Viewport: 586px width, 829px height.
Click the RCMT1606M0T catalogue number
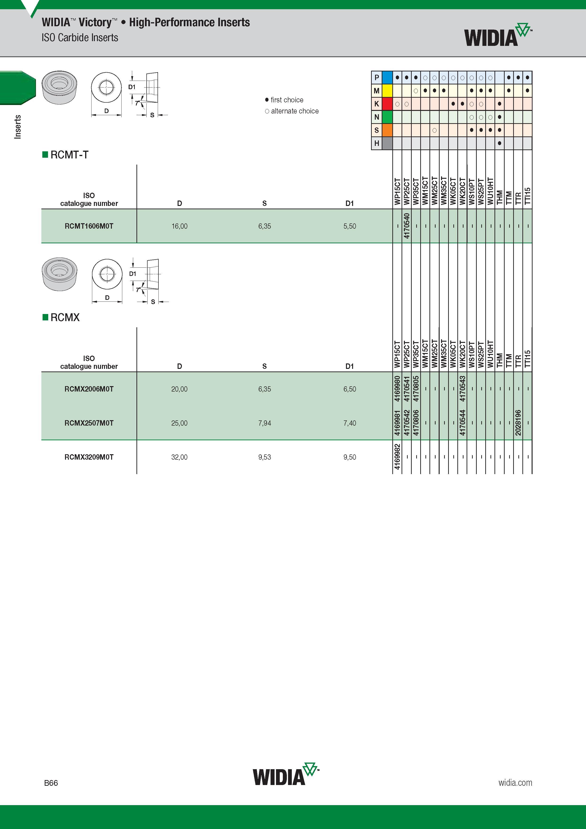[x=89, y=226]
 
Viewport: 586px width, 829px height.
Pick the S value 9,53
[x=265, y=457]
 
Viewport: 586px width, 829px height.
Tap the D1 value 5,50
[x=350, y=226]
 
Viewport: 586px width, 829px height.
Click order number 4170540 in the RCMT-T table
[x=407, y=226]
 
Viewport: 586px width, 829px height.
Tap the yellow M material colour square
[x=387, y=91]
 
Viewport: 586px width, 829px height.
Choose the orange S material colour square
[x=387, y=130]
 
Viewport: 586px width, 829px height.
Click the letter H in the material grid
[x=376, y=143]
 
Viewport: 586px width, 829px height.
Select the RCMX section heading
[x=65, y=317]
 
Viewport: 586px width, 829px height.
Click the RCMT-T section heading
[x=69, y=155]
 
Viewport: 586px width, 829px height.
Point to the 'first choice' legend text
[x=287, y=100]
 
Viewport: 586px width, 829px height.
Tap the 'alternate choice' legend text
[x=295, y=111]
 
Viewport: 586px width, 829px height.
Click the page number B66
[x=51, y=783]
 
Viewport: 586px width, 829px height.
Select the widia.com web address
[x=515, y=782]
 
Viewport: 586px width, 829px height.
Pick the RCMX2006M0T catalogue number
[x=89, y=389]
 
